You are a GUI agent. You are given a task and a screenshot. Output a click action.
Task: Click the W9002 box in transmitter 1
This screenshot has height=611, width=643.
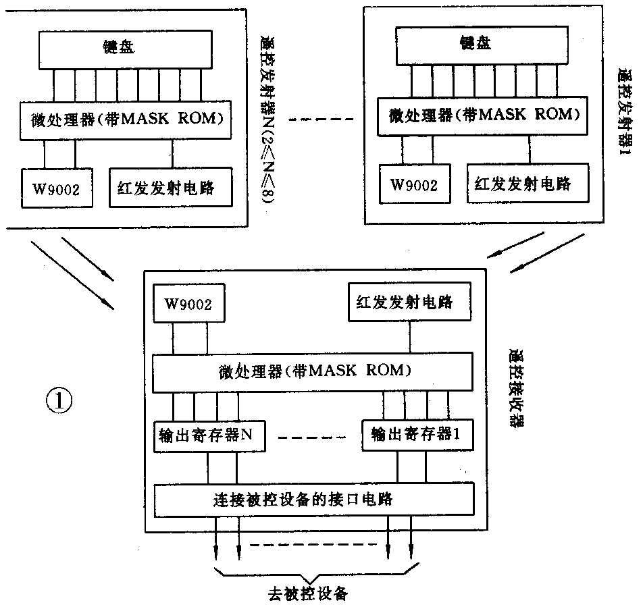[413, 184]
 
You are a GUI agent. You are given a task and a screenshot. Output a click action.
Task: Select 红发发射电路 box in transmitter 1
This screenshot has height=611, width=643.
[523, 183]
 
